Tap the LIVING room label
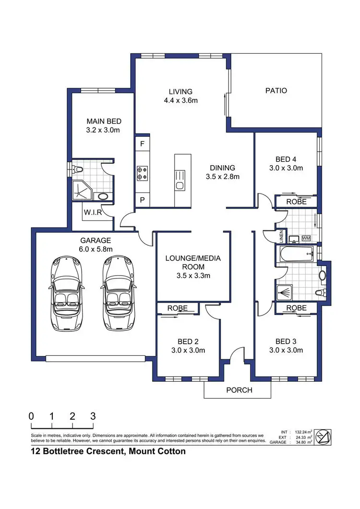click(x=180, y=92)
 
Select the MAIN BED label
click(x=104, y=121)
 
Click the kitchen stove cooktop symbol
click(x=143, y=173)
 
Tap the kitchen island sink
click(x=180, y=185)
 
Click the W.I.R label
click(x=93, y=213)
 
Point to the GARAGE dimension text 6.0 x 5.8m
click(x=96, y=249)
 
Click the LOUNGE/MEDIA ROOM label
click(x=193, y=262)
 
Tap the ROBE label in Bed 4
click(x=296, y=202)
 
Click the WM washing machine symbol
click(x=306, y=238)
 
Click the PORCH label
click(x=239, y=390)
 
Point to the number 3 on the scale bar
click(x=93, y=416)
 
